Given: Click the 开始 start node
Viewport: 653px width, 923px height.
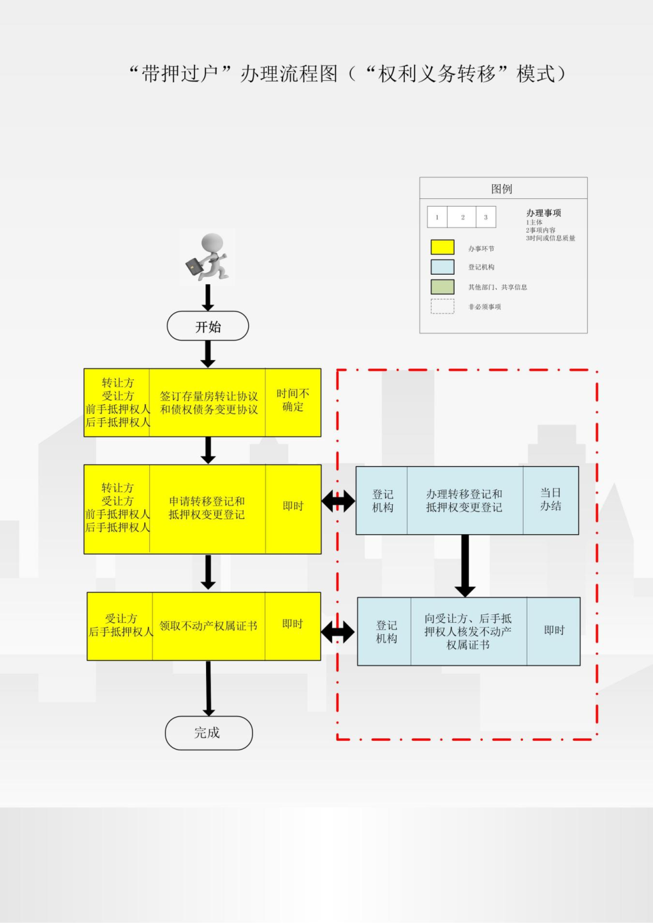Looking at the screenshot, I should (x=208, y=326).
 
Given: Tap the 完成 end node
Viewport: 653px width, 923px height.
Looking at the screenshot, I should (x=209, y=733).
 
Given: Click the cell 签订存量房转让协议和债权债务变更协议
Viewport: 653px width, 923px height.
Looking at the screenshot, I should (x=208, y=402).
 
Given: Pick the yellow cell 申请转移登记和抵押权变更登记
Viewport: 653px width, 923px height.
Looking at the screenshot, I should (x=207, y=509).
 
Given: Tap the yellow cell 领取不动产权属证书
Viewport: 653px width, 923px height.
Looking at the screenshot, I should (x=209, y=626).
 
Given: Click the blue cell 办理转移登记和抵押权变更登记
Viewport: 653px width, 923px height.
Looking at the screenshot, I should (x=464, y=500).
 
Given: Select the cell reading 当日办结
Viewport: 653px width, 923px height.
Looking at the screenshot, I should (x=550, y=500).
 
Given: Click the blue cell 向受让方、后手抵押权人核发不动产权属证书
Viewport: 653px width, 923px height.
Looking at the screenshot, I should (x=468, y=631).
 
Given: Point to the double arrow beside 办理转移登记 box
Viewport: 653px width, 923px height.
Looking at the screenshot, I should (x=338, y=501).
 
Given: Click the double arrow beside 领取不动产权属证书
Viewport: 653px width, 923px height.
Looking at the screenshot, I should (x=338, y=632).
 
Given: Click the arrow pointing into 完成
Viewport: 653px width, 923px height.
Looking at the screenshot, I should (x=209, y=688).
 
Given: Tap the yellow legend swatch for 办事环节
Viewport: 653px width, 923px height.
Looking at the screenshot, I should (x=443, y=247).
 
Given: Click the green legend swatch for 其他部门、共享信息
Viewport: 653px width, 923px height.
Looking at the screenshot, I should (x=443, y=287).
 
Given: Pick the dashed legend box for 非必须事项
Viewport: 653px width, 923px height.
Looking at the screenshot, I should (x=443, y=307).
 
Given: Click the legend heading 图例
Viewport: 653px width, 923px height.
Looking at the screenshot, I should (x=502, y=189).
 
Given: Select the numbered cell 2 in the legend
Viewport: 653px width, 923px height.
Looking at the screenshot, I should (x=463, y=217).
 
